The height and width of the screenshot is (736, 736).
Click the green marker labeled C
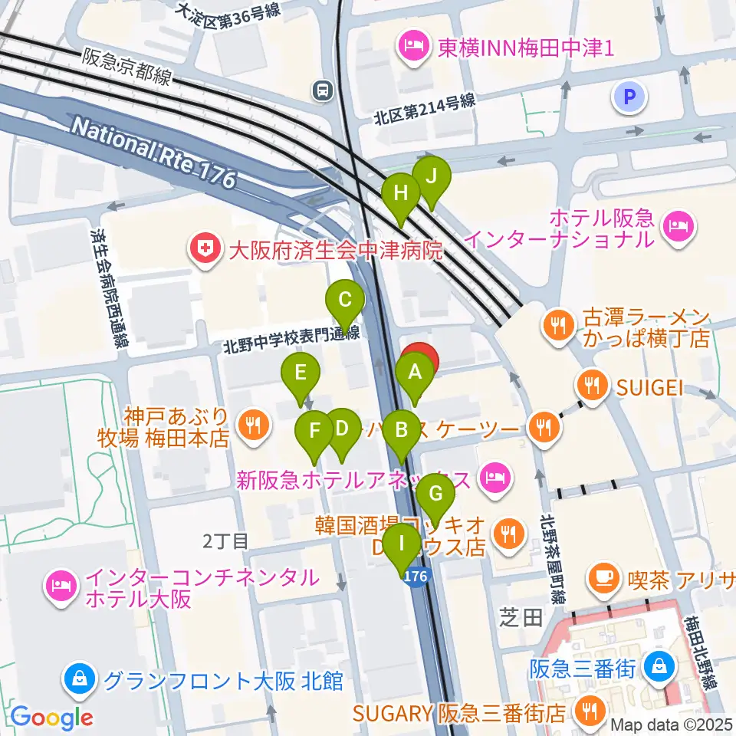click(345, 300)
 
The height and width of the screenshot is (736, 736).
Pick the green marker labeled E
click(301, 373)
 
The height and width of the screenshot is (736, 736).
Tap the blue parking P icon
click(630, 97)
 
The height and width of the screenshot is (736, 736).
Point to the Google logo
click(51, 718)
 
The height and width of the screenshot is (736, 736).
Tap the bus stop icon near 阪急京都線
click(323, 91)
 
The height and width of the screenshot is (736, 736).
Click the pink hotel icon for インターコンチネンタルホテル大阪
click(59, 586)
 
